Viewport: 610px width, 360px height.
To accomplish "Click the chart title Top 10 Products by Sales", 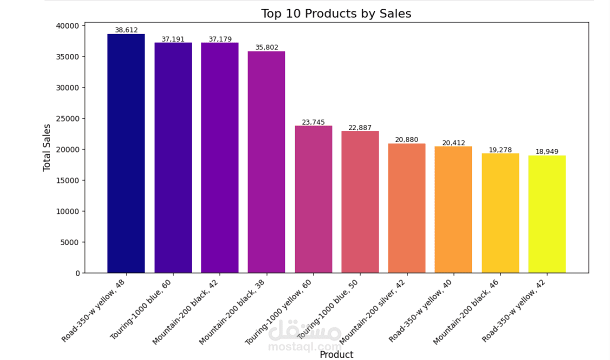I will (x=336, y=13).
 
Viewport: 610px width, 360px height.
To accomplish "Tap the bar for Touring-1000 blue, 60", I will (x=173, y=157).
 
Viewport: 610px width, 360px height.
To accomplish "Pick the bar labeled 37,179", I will (x=220, y=157).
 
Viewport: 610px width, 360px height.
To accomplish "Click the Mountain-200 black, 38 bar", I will (x=266, y=162).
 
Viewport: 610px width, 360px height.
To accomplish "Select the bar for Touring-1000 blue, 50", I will (x=360, y=202).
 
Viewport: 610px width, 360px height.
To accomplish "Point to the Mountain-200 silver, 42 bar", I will (x=406, y=208).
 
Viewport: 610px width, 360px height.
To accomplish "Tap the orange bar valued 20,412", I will (x=453, y=209).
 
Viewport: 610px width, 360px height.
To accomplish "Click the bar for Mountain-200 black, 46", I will (x=500, y=213).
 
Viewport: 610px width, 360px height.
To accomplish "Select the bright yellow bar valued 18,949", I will (x=547, y=214).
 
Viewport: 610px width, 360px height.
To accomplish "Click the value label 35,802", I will (x=266, y=47).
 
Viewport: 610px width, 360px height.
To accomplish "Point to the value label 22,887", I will (x=360, y=127).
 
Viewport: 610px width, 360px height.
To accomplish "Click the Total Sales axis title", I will (x=47, y=147).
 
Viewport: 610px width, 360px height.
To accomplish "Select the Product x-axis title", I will (x=336, y=354).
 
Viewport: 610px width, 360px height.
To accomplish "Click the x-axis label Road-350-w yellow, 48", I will (x=94, y=310).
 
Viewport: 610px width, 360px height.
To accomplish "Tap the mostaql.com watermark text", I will (x=305, y=346).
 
